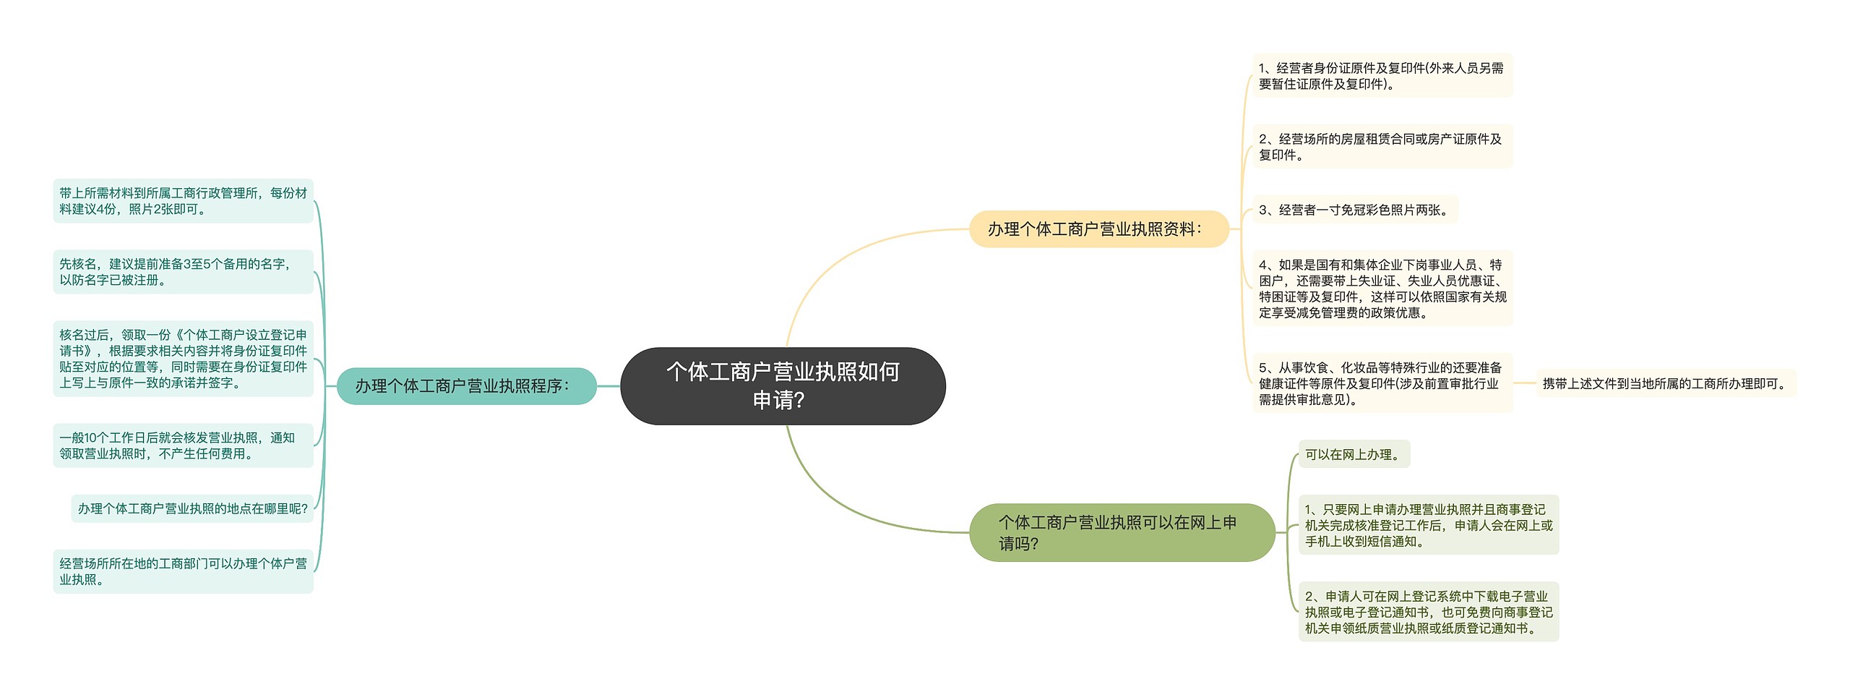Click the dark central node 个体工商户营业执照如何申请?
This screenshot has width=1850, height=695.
click(783, 385)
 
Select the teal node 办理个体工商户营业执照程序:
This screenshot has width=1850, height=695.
click(467, 386)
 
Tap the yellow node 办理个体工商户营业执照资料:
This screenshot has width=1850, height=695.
click(1098, 229)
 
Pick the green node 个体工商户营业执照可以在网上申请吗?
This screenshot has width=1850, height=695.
click(1122, 532)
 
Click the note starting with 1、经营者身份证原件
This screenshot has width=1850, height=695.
click(1382, 76)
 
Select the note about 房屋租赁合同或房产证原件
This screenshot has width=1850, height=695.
click(1382, 147)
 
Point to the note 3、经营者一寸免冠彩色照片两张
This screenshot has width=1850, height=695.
click(1355, 210)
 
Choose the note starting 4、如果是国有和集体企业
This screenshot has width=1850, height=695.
click(1382, 289)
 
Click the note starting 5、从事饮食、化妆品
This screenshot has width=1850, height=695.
click(1382, 383)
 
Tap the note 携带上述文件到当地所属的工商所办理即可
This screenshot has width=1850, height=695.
click(1666, 383)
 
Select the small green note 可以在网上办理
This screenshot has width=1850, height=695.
click(1354, 454)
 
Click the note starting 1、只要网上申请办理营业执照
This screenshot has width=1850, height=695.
click(1429, 525)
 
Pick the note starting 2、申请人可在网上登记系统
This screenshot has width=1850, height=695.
click(1429, 612)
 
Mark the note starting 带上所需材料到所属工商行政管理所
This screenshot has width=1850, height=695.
click(183, 201)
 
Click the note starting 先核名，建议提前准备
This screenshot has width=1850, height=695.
click(183, 272)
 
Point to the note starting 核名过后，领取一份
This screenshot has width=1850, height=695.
click(183, 359)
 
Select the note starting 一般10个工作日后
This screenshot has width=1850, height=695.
click(183, 445)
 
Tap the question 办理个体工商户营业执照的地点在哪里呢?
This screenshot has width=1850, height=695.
click(193, 508)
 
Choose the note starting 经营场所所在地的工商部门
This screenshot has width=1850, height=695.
click(183, 571)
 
